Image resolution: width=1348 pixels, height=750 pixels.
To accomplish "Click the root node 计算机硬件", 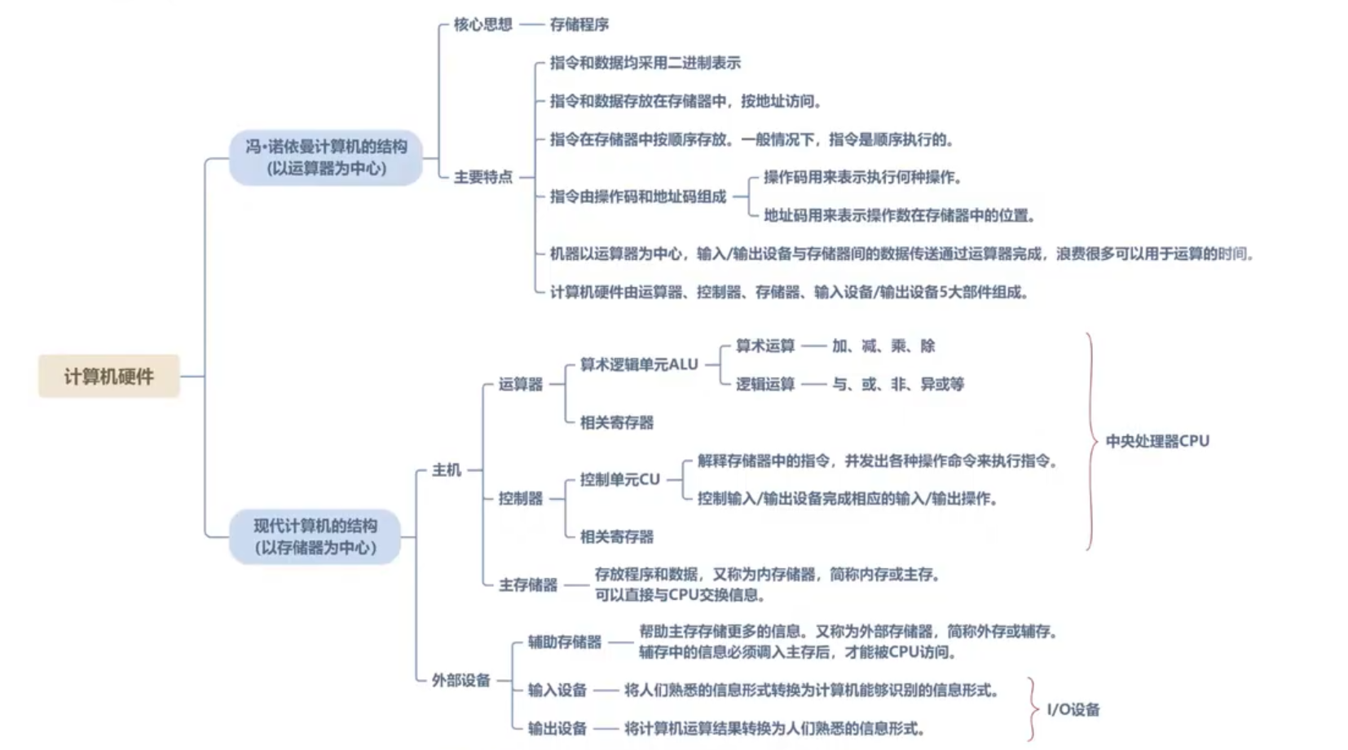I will pos(108,377).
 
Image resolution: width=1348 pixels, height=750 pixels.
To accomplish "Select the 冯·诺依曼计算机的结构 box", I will pos(326,157).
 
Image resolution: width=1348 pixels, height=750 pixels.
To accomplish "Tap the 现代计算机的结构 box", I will pos(315,536).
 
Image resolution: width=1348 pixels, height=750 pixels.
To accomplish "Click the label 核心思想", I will pos(482,24).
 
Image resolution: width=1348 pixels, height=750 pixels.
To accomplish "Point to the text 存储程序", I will pos(579,24).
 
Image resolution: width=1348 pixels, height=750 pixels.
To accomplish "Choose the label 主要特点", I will pos(482,177).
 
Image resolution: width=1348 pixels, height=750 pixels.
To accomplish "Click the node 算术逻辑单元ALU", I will pos(638,364).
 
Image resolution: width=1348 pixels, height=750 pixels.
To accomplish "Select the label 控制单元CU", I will pos(619,479).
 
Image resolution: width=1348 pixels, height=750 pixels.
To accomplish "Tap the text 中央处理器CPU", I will pos(1156,441).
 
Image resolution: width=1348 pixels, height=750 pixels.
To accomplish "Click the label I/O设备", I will pos(1073,709).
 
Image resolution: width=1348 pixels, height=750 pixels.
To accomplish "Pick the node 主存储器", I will pos(527,585).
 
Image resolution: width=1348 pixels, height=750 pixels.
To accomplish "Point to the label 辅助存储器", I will pos(564,642).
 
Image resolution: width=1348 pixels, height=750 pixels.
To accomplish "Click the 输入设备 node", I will pos(557,690).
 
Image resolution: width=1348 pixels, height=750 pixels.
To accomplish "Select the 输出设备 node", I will pos(557,728).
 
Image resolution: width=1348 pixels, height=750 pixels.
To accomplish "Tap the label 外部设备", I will pos(460,680).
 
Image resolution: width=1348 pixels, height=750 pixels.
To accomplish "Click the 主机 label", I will pos(446,470).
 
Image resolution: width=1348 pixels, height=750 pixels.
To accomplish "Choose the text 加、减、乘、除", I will pos(883,346).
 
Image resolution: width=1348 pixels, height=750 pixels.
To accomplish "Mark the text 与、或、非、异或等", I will pos(897,384).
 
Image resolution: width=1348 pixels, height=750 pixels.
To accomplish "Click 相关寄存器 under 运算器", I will pos(616,422).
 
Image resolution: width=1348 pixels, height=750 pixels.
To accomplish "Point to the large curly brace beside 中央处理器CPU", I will pos(1092,441).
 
